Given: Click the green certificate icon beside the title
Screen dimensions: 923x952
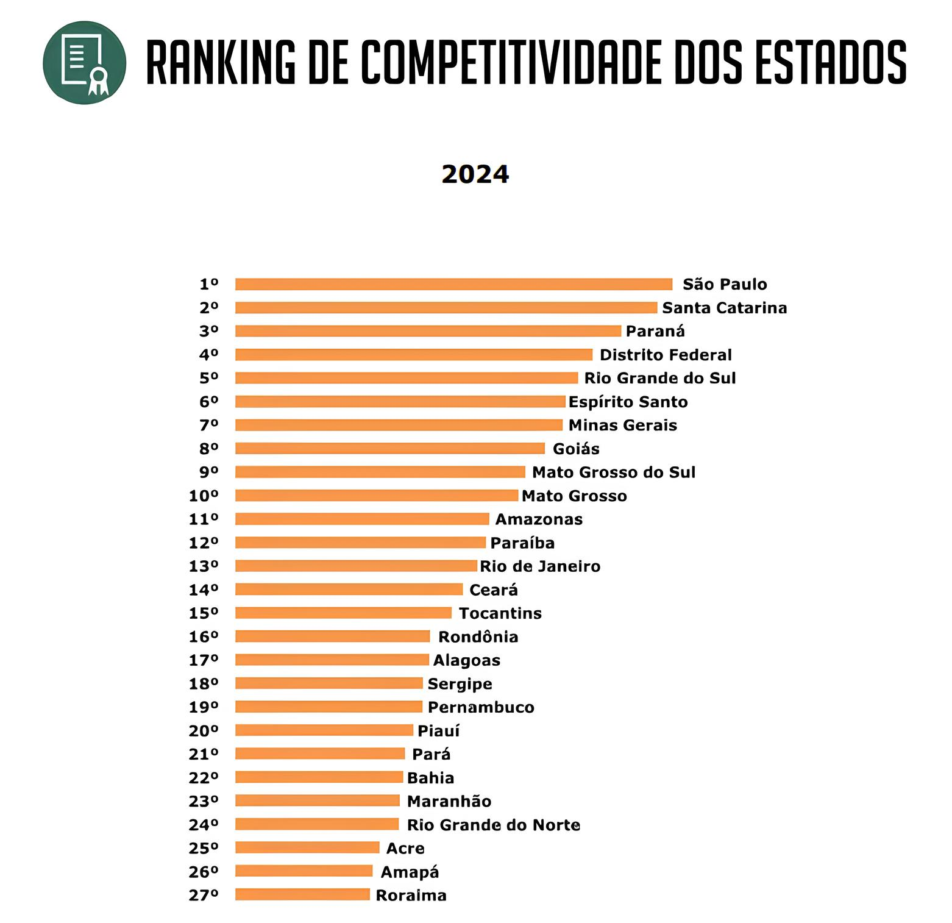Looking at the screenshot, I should click(x=84, y=63).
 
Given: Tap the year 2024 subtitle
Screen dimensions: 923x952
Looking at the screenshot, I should click(x=475, y=174).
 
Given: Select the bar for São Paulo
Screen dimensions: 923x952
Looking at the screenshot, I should click(x=453, y=284).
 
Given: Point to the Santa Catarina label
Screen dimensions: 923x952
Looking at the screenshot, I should click(x=724, y=308).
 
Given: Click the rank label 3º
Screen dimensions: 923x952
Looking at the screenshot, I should click(x=208, y=331).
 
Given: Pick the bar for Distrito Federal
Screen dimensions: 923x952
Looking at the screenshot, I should click(x=413, y=355).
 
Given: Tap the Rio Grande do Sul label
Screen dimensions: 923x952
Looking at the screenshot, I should click(x=659, y=378).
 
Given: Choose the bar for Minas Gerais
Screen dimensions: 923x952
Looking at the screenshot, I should click(x=399, y=425).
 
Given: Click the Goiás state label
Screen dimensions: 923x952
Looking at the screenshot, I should click(x=575, y=449).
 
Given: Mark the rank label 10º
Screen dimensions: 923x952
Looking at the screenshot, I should click(x=204, y=496).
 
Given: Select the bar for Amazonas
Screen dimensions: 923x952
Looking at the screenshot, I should click(x=362, y=519).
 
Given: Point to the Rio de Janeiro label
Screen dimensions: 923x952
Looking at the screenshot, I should click(x=539, y=566).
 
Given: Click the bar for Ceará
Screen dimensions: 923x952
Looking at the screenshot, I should click(x=349, y=590).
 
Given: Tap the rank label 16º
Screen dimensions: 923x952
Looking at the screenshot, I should click(x=204, y=636).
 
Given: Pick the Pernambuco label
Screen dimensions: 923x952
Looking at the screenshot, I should click(x=480, y=707).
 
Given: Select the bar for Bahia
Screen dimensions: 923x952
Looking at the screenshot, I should click(x=319, y=777).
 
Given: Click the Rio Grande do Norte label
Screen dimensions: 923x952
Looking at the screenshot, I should click(x=493, y=825).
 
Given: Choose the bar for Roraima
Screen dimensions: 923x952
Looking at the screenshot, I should click(x=302, y=894).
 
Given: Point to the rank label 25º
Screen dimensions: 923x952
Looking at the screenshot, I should click(x=204, y=848).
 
